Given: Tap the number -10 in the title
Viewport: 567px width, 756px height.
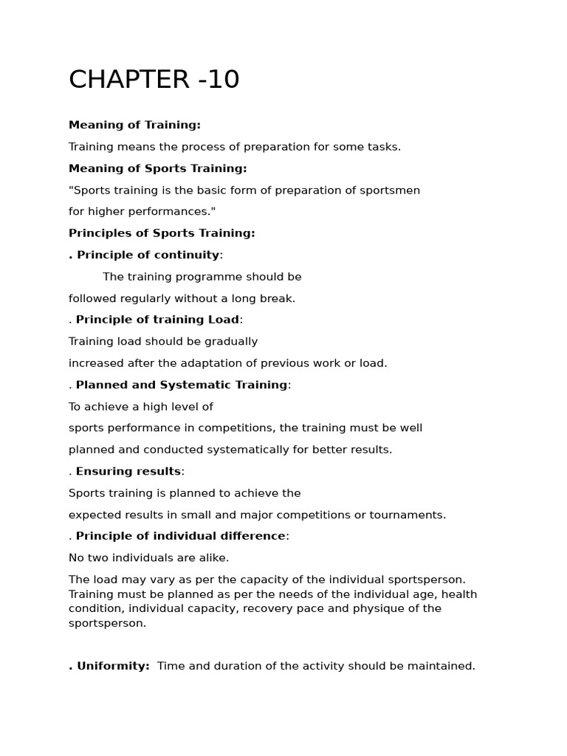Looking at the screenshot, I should coord(219,80).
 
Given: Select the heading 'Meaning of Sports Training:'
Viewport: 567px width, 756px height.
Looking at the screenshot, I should coord(157,168).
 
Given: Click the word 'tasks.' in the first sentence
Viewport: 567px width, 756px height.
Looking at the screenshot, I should coord(382,147).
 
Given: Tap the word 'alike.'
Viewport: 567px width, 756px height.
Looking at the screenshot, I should coord(213,558).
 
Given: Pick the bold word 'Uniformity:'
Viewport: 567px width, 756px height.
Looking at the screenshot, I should coord(113,666).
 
